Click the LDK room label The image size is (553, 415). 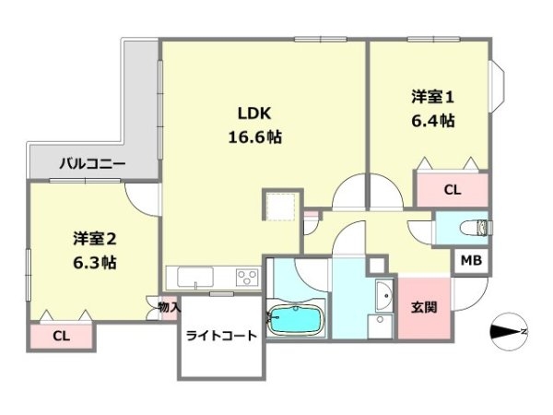click(254, 113)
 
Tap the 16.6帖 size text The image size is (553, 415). click(255, 136)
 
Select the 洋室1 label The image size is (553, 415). click(432, 97)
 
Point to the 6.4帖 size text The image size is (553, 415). click(433, 121)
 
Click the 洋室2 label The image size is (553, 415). click(95, 239)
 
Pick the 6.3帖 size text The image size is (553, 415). click(95, 263)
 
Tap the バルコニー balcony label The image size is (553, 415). click(92, 164)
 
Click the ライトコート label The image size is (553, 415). click(221, 336)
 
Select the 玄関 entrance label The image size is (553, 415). click(424, 307)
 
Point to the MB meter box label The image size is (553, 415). click(472, 261)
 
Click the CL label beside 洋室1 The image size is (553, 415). click(453, 191)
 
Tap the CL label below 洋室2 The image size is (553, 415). click(61, 337)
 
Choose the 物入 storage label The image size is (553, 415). click(170, 307)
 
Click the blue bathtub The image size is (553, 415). click(296, 320)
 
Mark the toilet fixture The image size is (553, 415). click(475, 228)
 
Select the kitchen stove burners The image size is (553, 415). click(248, 277)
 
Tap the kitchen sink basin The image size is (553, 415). click(195, 278)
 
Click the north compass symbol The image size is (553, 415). click(509, 332)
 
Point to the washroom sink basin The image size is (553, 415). click(384, 296)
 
